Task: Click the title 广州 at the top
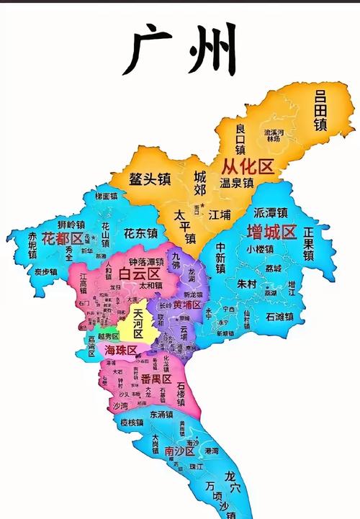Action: coord(180,49)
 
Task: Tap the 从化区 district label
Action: coord(248,168)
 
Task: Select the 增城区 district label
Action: coord(271,231)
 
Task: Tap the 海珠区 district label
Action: coord(120,350)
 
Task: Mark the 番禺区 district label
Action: coord(156,379)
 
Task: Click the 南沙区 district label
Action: coord(179,451)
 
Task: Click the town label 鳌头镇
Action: coord(149,179)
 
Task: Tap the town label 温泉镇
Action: coord(238,184)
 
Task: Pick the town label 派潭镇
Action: coord(270,213)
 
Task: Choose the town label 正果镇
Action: coord(308,244)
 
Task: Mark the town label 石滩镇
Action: coord(279,316)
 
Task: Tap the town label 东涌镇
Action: coord(166,415)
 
